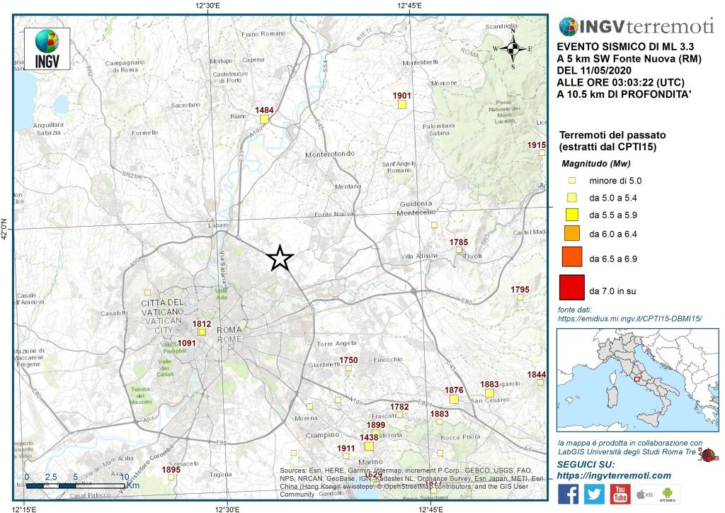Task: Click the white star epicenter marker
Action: click(280, 259)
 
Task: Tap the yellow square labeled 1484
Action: click(264, 120)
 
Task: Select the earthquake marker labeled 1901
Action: click(401, 105)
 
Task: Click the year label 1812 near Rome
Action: click(202, 324)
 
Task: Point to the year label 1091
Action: click(186, 343)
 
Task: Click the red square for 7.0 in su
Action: click(571, 288)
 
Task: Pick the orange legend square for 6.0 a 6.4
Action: click(573, 232)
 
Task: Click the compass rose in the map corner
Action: click(515, 48)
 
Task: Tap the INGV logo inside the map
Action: click(47, 48)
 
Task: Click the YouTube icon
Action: click(620, 494)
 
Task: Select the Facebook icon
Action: click(569, 494)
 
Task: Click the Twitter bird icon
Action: click(594, 494)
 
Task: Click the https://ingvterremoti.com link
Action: click(614, 475)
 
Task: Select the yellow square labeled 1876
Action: click(454, 399)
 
